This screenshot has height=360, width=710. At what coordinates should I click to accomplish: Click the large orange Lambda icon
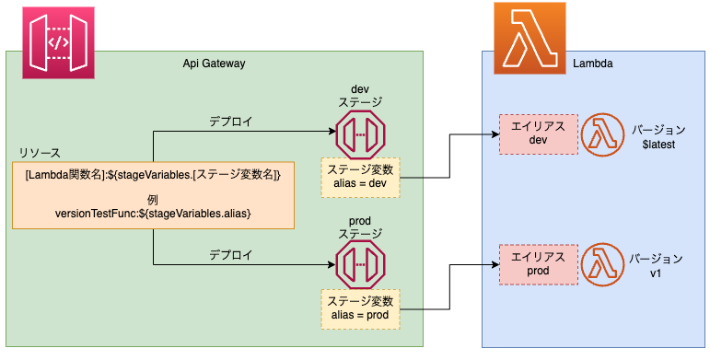pos(530,38)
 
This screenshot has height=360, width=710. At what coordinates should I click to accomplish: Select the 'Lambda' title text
pos(593,63)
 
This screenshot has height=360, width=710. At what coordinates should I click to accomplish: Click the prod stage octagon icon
pos(360,266)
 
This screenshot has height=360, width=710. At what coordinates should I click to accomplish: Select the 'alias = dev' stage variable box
pos(361,178)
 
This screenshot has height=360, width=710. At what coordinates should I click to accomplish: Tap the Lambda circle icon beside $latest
pos(602,135)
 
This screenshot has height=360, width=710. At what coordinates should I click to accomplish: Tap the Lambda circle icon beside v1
pos(602,265)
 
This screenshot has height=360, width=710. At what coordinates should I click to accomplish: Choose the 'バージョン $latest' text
pos(659,136)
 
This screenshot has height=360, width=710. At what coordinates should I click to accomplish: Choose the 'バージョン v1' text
pos(659,266)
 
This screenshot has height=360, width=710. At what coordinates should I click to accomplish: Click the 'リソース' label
pos(40,152)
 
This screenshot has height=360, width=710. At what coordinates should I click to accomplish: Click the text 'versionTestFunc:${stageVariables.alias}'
pos(153,214)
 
